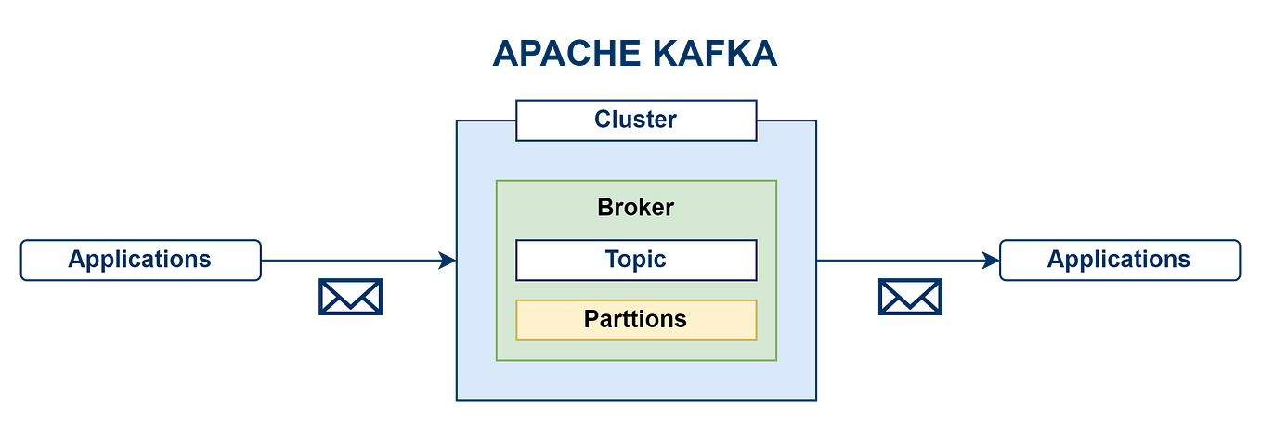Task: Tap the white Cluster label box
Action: coord(636,121)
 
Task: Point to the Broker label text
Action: coord(636,207)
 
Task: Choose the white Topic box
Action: coord(636,260)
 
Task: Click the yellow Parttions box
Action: coord(636,320)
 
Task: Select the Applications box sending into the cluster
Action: coord(140,260)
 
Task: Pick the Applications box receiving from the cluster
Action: coord(1119,260)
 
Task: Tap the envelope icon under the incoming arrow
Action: coord(351,297)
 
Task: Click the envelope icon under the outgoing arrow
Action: coord(909,297)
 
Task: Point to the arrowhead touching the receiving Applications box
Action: coord(990,261)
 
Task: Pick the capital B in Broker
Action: coord(605,207)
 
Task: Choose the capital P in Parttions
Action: coord(591,320)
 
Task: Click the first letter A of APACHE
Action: coord(504,54)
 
